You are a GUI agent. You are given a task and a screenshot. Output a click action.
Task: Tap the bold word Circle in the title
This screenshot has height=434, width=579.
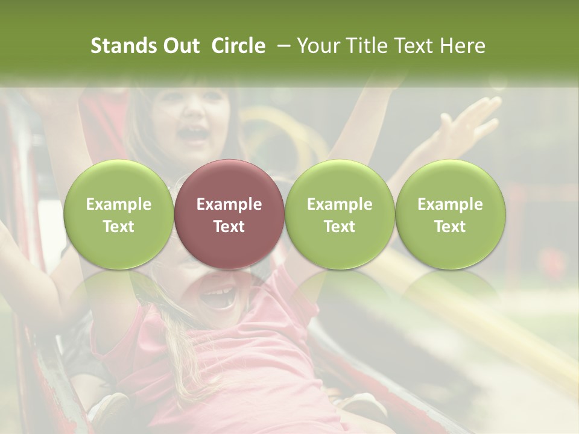[238, 46]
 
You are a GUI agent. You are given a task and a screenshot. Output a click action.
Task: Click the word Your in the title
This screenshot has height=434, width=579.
[318, 46]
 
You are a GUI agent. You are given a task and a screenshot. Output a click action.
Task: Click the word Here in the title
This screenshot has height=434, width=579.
[463, 46]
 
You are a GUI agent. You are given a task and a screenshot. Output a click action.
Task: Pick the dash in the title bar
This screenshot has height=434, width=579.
[281, 46]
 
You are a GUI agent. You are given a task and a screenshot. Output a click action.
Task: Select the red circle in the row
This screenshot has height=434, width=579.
[229, 213]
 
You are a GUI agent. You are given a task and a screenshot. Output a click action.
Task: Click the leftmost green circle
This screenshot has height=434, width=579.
[118, 213]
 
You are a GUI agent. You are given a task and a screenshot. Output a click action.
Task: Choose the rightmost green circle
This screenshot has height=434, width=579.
[450, 213]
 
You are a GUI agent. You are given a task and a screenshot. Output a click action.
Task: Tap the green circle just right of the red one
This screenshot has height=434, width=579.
[340, 213]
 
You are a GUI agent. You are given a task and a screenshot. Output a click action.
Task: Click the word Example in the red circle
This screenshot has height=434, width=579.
[229, 204]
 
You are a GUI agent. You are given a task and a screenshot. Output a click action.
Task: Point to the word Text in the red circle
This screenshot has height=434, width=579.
[229, 227]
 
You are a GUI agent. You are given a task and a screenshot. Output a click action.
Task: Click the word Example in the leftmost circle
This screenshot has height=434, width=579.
[119, 204]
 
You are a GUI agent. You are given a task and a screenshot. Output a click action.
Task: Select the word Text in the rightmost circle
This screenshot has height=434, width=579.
[450, 227]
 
